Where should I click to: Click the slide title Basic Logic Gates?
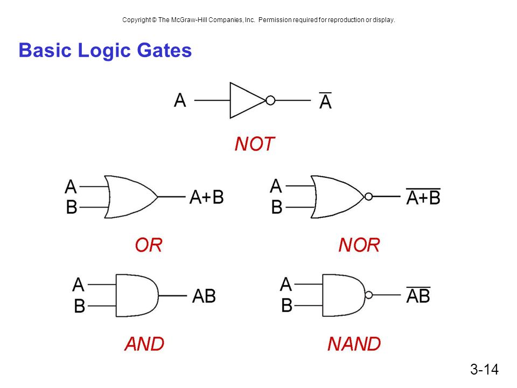click(105, 51)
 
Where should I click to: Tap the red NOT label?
click(255, 144)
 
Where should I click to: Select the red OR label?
click(148, 245)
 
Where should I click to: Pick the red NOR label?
click(359, 245)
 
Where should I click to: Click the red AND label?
click(144, 343)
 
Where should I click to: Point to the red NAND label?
click(354, 343)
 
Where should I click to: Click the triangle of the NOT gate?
click(245, 100)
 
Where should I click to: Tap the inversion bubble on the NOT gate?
click(270, 100)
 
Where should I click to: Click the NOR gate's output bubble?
click(368, 197)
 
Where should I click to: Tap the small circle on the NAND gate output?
click(369, 295)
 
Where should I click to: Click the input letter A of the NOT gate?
click(180, 100)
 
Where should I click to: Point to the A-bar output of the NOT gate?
click(325, 101)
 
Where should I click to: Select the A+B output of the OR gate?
click(206, 197)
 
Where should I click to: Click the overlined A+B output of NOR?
click(423, 197)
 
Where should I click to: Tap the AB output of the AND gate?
click(204, 296)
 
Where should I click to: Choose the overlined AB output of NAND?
click(418, 295)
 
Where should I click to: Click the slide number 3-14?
click(484, 369)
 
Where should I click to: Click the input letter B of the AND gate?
click(79, 307)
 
